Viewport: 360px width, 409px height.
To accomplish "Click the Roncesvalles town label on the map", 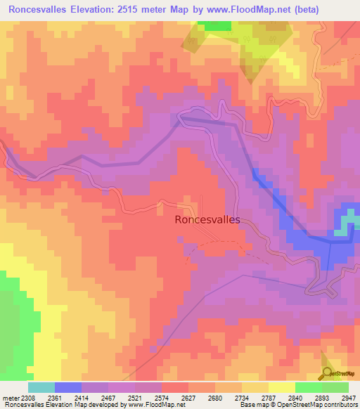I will [x=206, y=219].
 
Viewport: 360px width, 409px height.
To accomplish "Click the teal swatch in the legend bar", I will [x=41, y=387].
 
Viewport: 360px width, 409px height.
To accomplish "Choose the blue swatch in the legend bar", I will [x=68, y=387].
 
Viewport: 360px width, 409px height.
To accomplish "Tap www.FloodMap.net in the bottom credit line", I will [x=150, y=405].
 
